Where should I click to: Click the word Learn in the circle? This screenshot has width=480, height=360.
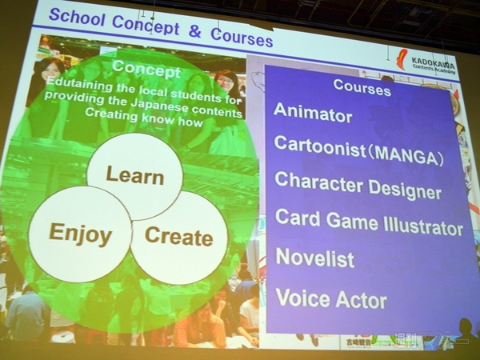134,175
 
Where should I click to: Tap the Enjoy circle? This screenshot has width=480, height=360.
80,234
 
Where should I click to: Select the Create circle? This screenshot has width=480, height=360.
179,237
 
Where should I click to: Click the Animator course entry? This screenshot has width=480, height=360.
313,114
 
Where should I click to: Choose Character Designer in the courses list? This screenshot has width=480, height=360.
358,186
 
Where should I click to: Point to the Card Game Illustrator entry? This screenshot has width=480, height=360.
369,222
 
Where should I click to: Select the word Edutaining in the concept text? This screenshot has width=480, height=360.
80,84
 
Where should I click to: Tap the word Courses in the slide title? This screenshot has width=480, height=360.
242,37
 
